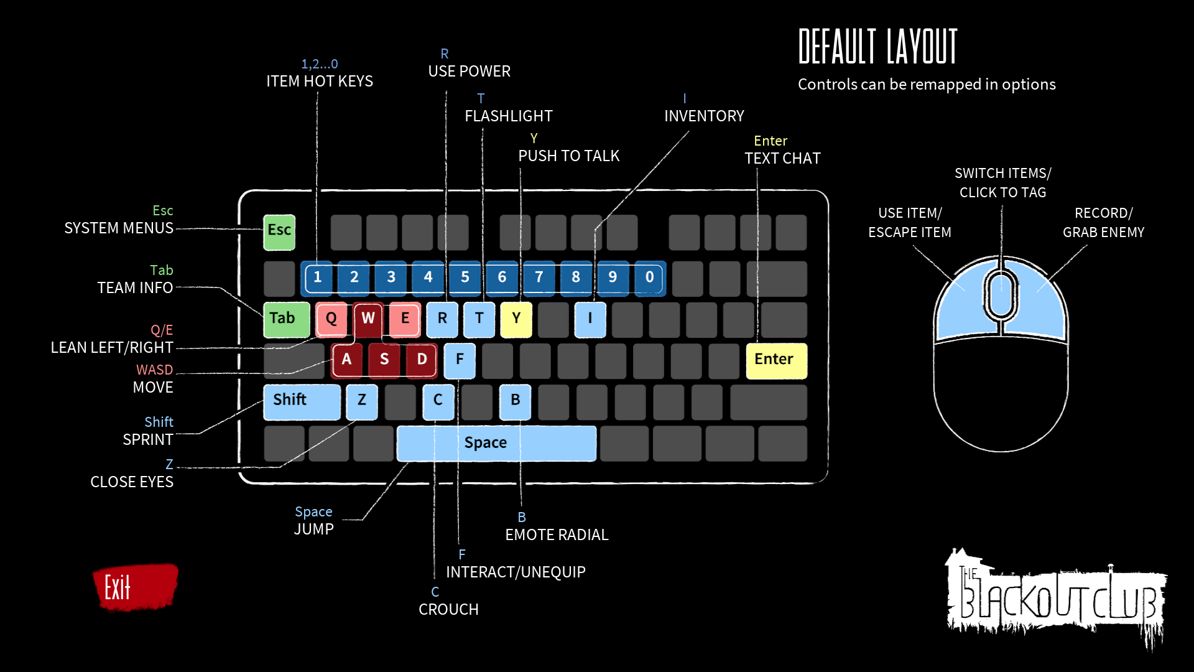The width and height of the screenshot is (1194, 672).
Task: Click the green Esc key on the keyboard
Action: pyautogui.click(x=279, y=232)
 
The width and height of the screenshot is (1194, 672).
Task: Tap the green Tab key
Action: pyautogui.click(x=287, y=320)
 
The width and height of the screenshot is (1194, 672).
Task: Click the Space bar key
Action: pyautogui.click(x=496, y=443)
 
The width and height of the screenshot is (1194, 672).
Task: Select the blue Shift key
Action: pyautogui.click(x=302, y=401)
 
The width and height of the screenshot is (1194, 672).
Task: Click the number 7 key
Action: pyautogui.click(x=539, y=278)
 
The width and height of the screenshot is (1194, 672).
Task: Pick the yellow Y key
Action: pyautogui.click(x=516, y=320)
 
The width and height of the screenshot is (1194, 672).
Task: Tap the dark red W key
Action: pyautogui.click(x=368, y=319)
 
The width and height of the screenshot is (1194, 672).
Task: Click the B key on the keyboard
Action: pyautogui.click(x=515, y=401)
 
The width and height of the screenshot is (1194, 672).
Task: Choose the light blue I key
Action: pyautogui.click(x=590, y=320)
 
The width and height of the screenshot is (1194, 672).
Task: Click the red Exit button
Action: pyautogui.click(x=135, y=586)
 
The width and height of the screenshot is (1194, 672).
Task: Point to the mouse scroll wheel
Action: pyautogui.click(x=1001, y=294)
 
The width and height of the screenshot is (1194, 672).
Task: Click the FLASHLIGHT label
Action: pyautogui.click(x=509, y=116)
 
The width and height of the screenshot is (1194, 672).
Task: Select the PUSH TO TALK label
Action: pyautogui.click(x=569, y=156)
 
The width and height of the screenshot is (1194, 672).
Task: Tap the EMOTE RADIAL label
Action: pyautogui.click(x=557, y=535)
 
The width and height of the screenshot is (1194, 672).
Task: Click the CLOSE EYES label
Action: pyautogui.click(x=132, y=482)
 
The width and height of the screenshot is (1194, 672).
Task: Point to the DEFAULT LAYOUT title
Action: pyautogui.click(x=878, y=47)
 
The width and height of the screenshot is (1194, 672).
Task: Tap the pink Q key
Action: pyautogui.click(x=331, y=320)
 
